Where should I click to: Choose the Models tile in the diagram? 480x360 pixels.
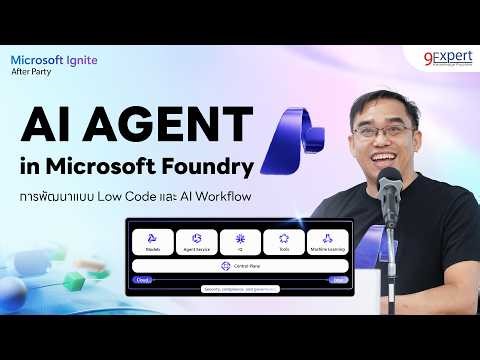point(152,242)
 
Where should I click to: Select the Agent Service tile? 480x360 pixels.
point(196,242)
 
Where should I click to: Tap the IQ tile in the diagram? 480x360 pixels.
point(240,242)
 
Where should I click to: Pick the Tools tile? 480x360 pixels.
point(283,242)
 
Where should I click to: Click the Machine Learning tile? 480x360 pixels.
point(327,242)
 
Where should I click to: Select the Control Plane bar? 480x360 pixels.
point(240,266)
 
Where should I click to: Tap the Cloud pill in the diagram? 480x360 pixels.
point(144,281)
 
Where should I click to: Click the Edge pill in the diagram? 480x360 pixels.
point(338,281)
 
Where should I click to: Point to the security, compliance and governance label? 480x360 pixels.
point(240,291)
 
